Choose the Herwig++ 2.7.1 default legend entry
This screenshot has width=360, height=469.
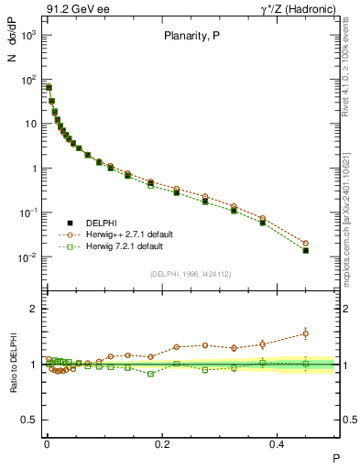(x=124, y=234)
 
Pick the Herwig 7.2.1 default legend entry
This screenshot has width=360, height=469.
(x=119, y=246)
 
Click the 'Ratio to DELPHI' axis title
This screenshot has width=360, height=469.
(x=12, y=363)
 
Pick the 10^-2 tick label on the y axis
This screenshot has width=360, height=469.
(x=28, y=257)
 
